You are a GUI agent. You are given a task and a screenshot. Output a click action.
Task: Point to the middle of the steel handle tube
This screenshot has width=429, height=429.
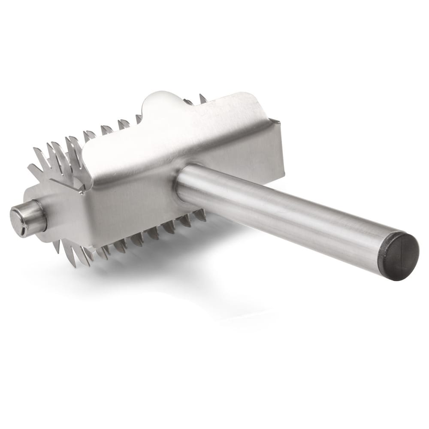tap(283, 210)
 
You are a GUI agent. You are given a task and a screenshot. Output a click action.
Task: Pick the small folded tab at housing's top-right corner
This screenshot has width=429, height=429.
tap(275, 123)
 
